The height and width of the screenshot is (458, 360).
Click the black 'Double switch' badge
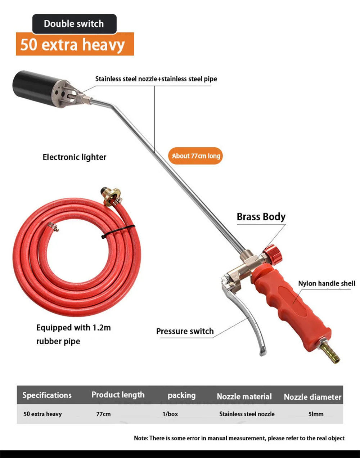pos(75,24)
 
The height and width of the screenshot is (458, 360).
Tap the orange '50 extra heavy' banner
pos(75,44)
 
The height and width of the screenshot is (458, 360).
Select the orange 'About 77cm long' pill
pos(195,156)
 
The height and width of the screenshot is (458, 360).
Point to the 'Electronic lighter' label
pos(75,157)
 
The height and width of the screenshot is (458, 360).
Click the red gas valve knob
pos(273,254)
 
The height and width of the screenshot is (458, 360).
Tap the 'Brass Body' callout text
pos(261,217)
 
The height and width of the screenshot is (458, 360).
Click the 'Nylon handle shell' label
pos(327,283)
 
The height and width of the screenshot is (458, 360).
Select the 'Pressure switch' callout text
pos(185,331)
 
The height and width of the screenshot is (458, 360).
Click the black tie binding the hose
pos(118,232)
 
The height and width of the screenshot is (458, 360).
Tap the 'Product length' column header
pos(118,395)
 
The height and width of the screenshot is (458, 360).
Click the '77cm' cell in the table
pos(103,414)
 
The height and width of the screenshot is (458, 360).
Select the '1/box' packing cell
pos(170,414)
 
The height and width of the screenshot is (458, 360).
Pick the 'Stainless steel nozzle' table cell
pos(247,414)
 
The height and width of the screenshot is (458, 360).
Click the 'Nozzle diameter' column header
pos(312,397)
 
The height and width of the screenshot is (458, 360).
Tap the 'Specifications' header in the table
pos(47,395)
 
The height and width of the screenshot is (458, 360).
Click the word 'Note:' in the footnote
pos(141,438)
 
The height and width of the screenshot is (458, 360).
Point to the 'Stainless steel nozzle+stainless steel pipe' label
pos(156,79)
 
